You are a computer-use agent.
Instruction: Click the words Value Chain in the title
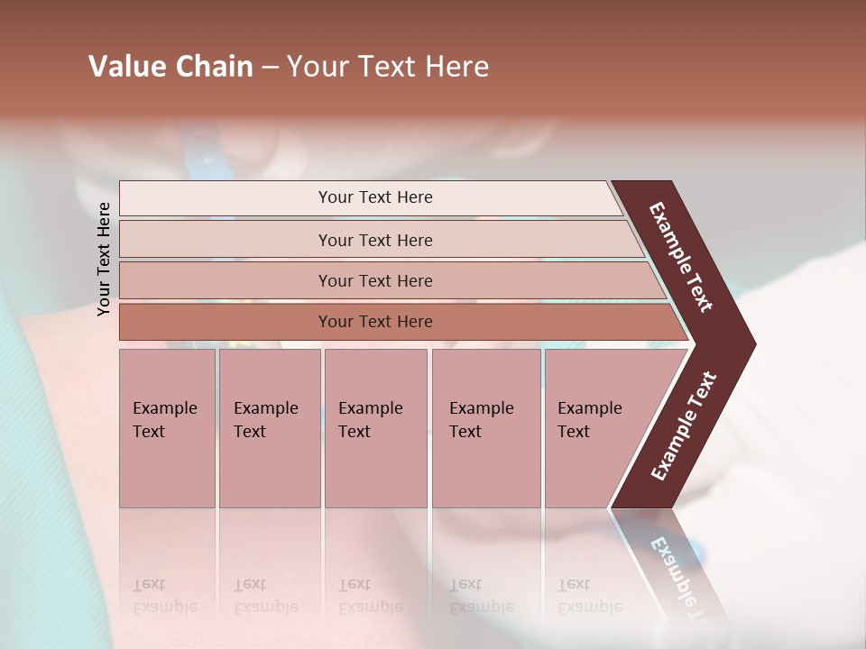pyautogui.click(x=170, y=67)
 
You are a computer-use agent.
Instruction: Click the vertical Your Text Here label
pyautogui.click(x=104, y=259)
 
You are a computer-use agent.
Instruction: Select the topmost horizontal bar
pyautogui.click(x=374, y=197)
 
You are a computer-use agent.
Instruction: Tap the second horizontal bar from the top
pyautogui.click(x=375, y=240)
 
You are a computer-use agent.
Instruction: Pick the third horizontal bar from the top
pyautogui.click(x=375, y=280)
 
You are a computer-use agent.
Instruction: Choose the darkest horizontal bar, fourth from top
pyautogui.click(x=375, y=322)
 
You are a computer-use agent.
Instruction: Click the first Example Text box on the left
pyautogui.click(x=167, y=427)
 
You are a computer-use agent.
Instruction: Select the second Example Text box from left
pyautogui.click(x=269, y=427)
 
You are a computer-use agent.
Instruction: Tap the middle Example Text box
pyautogui.click(x=375, y=427)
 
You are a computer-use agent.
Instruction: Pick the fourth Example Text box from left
pyautogui.click(x=486, y=427)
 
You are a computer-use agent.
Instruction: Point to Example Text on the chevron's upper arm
pyautogui.click(x=681, y=256)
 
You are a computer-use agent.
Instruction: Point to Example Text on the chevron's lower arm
pyautogui.click(x=683, y=426)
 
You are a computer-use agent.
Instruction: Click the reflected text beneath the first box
pyautogui.click(x=164, y=596)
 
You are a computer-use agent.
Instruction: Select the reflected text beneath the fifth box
pyautogui.click(x=589, y=596)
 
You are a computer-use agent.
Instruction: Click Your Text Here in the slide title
pyautogui.click(x=388, y=67)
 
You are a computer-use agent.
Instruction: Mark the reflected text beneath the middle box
pyautogui.click(x=370, y=596)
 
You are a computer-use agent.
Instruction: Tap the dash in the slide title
pyautogui.click(x=270, y=68)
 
